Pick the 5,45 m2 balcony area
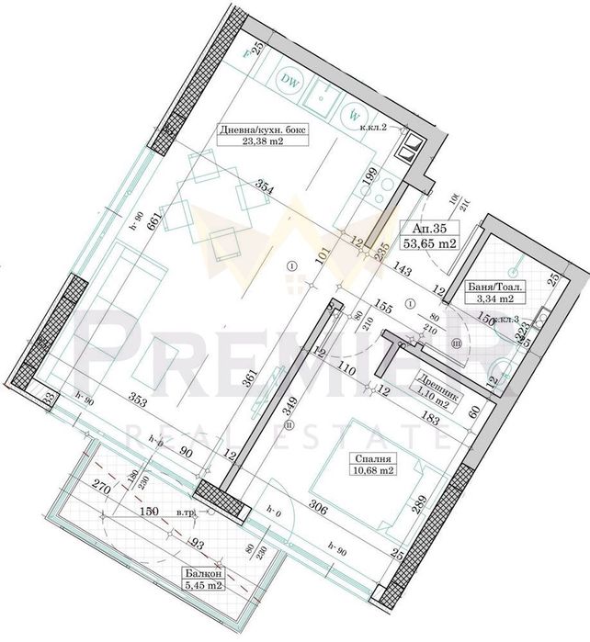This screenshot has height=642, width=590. point(201,584)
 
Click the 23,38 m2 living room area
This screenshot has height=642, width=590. point(264,141)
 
